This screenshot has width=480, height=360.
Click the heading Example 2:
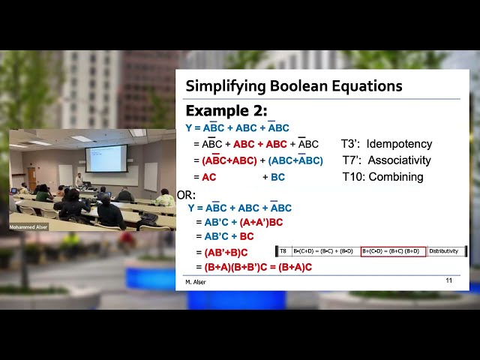pos(226,111)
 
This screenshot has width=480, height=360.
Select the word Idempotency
pos(399,144)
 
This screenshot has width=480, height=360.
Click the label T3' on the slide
pos(349,144)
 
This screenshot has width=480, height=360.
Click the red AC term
pos(209,177)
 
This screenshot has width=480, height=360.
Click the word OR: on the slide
pos(186,195)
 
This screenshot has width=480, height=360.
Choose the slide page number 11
pos(448,280)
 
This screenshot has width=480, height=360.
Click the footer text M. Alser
pos(196,282)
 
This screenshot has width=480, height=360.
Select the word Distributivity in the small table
pos(443,251)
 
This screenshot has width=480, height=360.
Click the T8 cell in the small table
pos(283,251)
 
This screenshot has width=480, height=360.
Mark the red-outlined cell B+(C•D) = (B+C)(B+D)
pos(393,251)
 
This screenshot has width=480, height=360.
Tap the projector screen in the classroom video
pos(106,158)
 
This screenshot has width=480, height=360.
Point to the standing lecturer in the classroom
pos(78,181)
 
